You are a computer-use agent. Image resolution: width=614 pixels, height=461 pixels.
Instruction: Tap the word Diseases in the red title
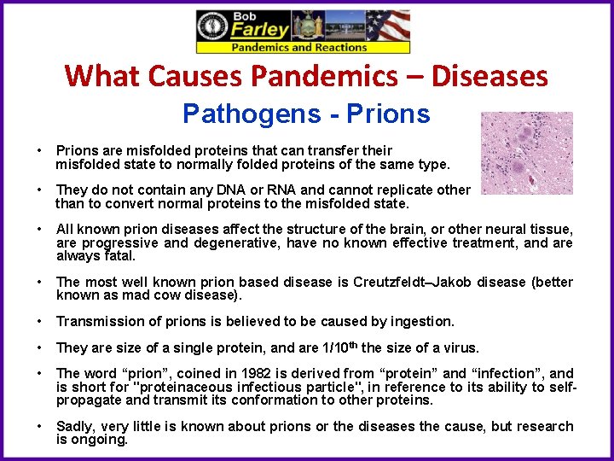489,76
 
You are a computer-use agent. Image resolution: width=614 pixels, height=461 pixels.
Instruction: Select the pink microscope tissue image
526,153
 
